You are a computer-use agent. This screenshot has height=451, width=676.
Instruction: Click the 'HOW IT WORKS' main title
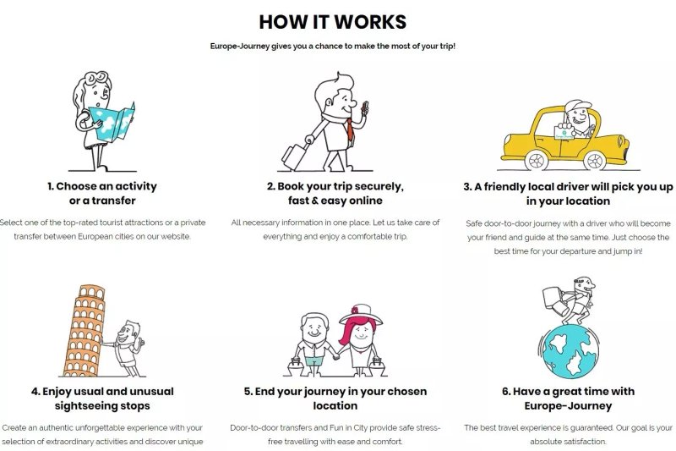coord(332,22)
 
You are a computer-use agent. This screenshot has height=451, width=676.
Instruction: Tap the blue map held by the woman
coord(112,122)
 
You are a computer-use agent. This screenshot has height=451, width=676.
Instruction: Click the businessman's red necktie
coord(350,130)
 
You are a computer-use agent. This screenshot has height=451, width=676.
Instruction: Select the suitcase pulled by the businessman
coord(294,157)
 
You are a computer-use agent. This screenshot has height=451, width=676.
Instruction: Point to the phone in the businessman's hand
coord(365,108)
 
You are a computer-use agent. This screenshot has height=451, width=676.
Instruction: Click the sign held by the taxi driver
coord(564,131)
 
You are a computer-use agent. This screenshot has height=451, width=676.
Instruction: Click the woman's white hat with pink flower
coord(362,315)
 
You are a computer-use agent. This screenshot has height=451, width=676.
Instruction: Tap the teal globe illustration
coord(570,352)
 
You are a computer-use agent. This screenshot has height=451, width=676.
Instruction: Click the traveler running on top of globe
coord(569,300)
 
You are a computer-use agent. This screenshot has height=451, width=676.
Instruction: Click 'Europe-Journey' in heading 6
coord(568,405)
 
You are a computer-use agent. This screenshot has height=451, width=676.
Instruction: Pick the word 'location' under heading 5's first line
coord(335,405)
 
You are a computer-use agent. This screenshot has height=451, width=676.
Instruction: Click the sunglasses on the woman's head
coord(96,78)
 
